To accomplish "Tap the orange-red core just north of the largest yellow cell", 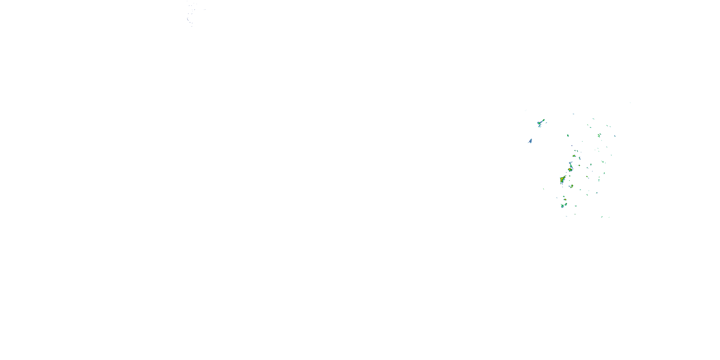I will click(570, 169).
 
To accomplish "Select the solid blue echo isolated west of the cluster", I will click(530, 141).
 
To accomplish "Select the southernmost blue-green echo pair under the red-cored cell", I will click(564, 205).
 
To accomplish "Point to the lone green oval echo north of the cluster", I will click(568, 136).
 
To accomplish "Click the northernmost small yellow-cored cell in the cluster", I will click(574, 156).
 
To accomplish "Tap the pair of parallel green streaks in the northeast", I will click(599, 135).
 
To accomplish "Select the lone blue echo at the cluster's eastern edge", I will click(615, 136).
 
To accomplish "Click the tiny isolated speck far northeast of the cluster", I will click(630, 102).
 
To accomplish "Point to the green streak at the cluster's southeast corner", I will click(602, 217).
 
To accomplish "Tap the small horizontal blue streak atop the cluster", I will click(573, 114).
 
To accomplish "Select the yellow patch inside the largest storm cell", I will click(561, 179).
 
